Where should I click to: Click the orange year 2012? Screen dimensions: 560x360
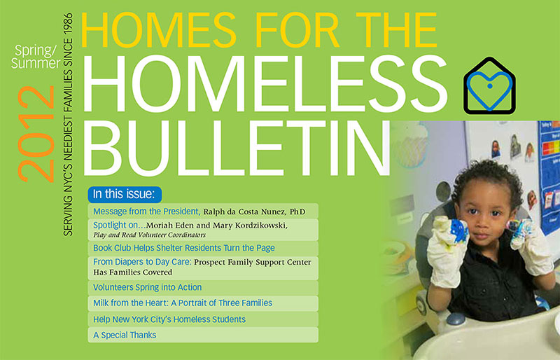point(36,134)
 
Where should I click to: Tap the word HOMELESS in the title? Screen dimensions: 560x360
point(265,84)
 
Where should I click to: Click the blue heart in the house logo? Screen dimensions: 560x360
point(489,90)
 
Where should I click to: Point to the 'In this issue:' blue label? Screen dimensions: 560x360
point(125,194)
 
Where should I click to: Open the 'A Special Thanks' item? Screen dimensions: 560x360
point(125,335)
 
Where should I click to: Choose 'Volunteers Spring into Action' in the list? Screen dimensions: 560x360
point(148,287)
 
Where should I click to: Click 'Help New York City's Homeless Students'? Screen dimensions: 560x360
point(169,319)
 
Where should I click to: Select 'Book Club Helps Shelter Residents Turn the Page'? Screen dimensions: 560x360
point(184,248)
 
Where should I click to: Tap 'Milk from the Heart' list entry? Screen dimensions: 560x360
point(131,303)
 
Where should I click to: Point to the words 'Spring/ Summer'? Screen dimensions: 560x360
point(36,57)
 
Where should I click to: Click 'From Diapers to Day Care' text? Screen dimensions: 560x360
point(142,262)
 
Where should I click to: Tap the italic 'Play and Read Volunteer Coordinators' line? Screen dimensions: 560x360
point(149,235)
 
